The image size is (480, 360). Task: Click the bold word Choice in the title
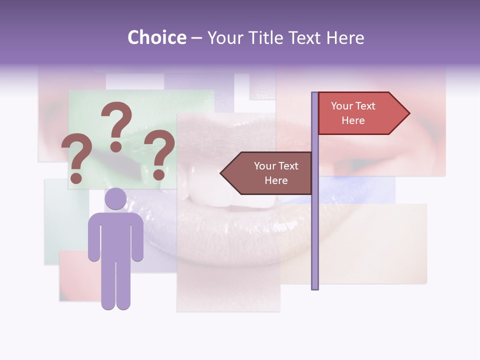156,37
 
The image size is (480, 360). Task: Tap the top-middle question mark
116,125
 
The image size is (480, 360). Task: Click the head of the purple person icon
115,199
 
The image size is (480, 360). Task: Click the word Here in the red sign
353,120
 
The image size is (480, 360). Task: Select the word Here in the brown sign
276,180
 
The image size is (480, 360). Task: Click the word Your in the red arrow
342,106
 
